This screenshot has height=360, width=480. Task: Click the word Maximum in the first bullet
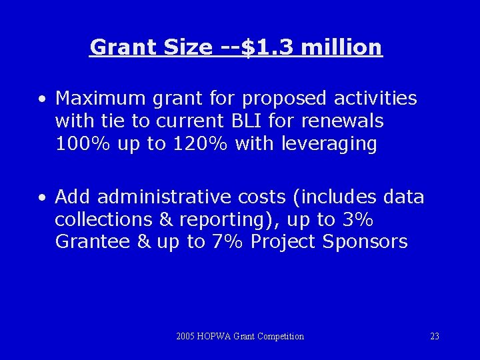tap(101, 99)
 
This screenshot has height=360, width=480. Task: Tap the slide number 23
tap(435, 337)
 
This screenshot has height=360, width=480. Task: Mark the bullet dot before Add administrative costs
tap(42, 198)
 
